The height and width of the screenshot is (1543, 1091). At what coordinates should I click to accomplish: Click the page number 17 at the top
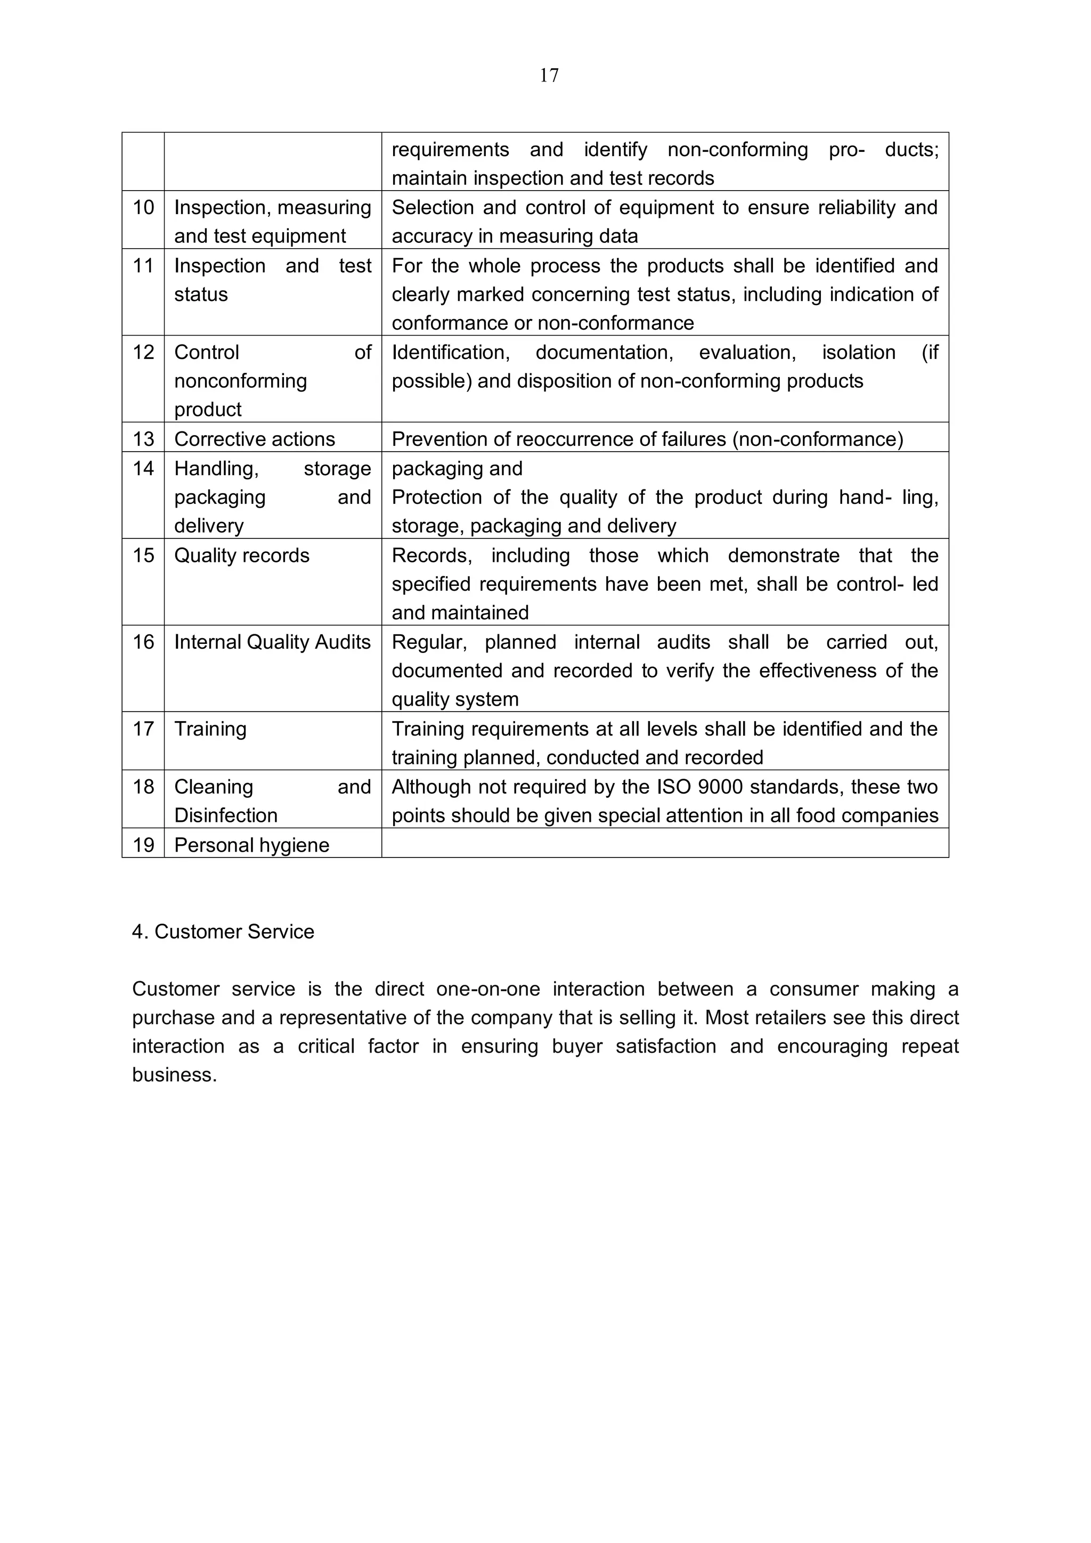(x=549, y=75)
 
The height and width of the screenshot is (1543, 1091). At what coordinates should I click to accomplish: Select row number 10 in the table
(x=143, y=208)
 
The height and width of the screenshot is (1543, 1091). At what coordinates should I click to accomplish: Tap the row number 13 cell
(x=143, y=439)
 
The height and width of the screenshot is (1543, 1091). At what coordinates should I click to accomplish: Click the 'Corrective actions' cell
(x=254, y=439)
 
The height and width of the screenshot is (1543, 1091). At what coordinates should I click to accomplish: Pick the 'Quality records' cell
(x=241, y=556)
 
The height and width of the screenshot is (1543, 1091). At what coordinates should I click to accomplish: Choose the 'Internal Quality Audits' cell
(x=272, y=642)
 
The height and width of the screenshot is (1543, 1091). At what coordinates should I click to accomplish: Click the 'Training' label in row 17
(x=210, y=729)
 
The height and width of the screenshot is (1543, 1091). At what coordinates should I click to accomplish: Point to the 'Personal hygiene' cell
(x=251, y=845)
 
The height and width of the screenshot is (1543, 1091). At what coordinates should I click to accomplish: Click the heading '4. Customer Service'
(x=223, y=932)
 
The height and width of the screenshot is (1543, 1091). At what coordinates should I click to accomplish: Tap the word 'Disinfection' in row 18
(x=226, y=815)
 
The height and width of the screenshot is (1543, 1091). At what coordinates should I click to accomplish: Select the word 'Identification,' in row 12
(x=450, y=352)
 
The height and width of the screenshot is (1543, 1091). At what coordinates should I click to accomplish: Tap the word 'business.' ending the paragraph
(x=174, y=1075)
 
